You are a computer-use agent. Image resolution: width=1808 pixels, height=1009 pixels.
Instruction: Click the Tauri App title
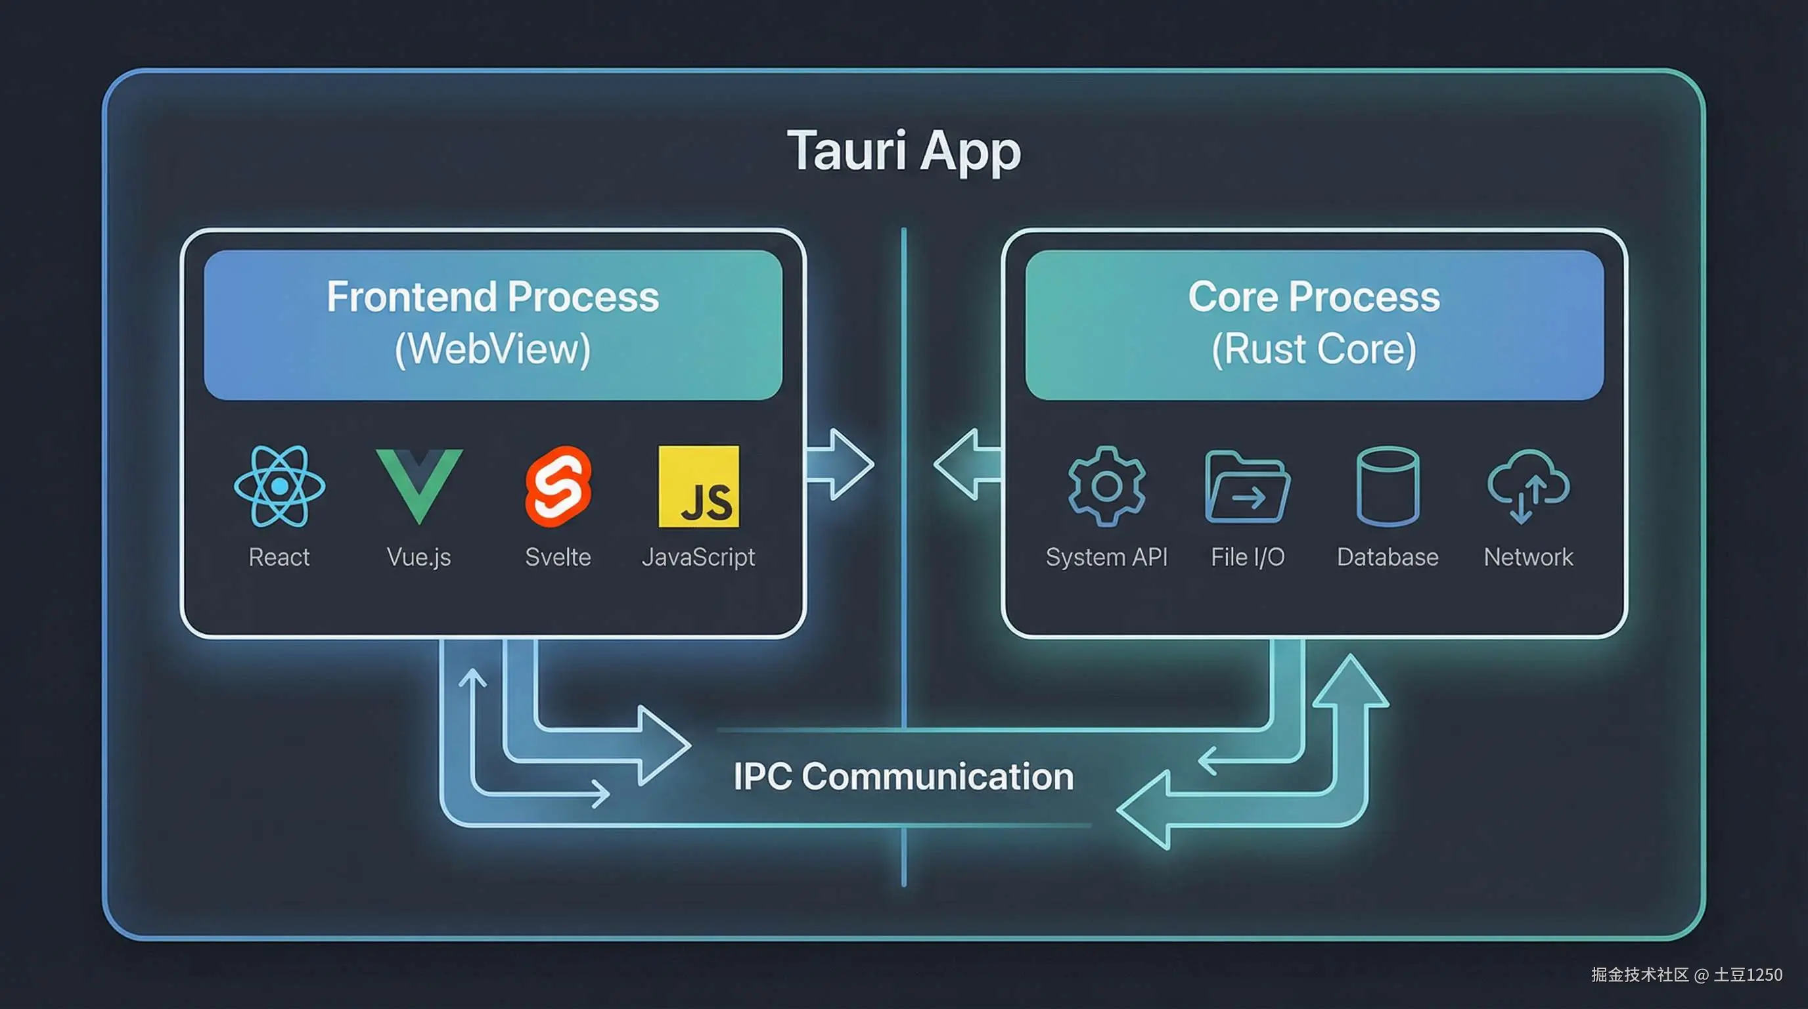tap(903, 151)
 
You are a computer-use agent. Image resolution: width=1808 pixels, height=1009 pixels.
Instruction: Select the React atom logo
tap(279, 486)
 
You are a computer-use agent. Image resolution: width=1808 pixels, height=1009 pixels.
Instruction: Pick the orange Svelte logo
tap(558, 486)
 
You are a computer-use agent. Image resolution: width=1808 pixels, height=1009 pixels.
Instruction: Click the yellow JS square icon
tap(698, 486)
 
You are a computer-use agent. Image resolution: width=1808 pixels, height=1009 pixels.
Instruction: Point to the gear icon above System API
tap(1106, 486)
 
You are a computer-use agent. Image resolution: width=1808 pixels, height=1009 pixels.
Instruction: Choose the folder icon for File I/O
tap(1246, 487)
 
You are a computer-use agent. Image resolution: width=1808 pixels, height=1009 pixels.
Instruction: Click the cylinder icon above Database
tap(1388, 486)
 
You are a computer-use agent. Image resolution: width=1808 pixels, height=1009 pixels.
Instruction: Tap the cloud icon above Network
tap(1528, 485)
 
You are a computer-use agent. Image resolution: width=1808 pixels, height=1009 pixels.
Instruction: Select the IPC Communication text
tap(903, 776)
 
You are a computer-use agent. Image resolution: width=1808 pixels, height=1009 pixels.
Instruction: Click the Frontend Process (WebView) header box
tap(493, 325)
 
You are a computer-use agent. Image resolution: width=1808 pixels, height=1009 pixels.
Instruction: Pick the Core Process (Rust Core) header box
tap(1314, 325)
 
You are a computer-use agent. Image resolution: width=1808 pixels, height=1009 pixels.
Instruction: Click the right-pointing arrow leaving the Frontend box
tap(842, 464)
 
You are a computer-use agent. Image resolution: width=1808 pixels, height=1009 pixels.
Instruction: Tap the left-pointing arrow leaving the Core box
tap(965, 464)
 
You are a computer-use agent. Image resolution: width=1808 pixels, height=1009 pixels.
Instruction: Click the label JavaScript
tap(698, 557)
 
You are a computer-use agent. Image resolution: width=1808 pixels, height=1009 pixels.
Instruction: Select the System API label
tap(1106, 557)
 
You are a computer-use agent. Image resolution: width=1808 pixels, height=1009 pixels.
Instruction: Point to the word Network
tap(1528, 557)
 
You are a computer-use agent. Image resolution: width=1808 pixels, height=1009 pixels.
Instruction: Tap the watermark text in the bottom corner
tap(1686, 975)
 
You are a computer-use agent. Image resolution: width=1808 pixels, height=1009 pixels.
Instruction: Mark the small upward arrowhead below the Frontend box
tap(472, 678)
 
